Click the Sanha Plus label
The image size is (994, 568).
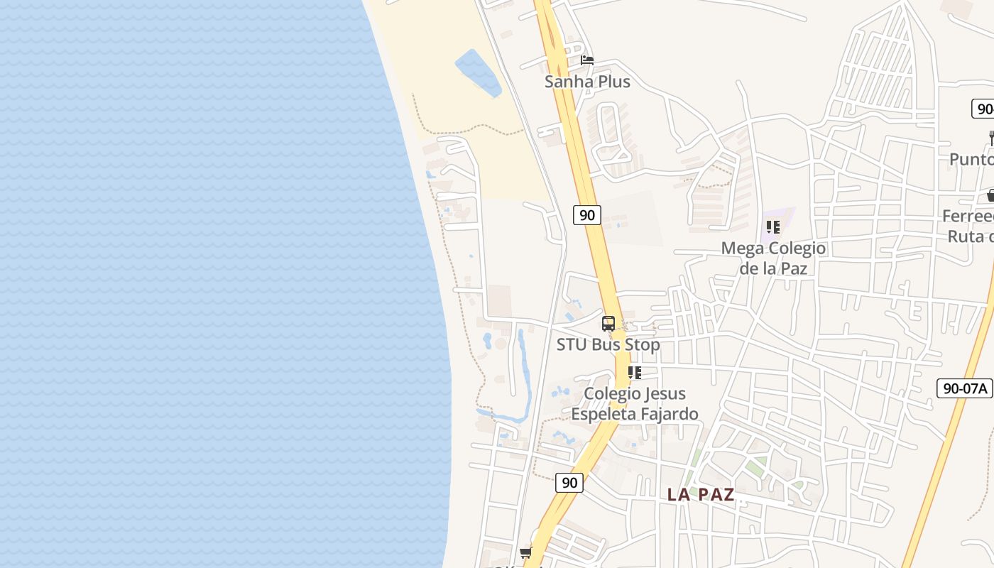point(587,82)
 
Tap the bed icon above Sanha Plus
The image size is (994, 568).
point(587,60)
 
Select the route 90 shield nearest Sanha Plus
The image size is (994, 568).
point(587,214)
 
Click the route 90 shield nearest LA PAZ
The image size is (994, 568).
point(569,483)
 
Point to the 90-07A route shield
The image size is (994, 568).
point(964,388)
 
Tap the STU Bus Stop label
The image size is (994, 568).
point(608,345)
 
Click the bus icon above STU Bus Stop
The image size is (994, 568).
point(608,324)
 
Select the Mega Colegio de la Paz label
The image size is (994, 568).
point(773,258)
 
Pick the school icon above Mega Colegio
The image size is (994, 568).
point(773,227)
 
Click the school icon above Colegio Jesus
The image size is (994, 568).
point(635,373)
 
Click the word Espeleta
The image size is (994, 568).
point(602,414)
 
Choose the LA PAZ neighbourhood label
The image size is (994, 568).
point(701,495)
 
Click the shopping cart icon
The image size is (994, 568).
point(526,552)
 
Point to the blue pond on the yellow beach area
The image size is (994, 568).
point(478,72)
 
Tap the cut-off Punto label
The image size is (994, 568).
point(971,159)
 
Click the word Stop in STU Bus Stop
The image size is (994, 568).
point(642,345)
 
